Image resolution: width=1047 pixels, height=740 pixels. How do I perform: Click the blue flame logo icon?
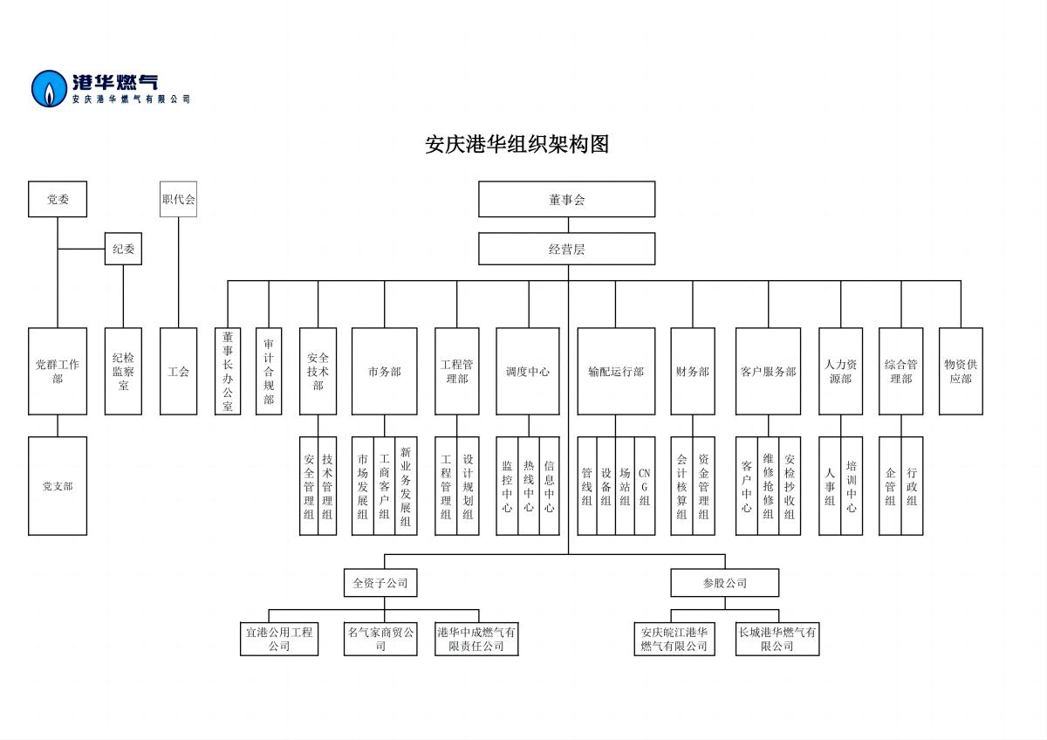50,88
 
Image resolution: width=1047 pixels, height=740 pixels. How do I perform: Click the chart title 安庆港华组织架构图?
517,144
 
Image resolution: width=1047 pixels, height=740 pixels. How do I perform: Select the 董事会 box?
566,199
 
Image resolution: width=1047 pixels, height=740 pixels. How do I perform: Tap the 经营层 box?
566,249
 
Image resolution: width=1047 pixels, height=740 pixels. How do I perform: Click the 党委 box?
58,199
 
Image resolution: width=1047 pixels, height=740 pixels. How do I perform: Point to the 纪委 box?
123,249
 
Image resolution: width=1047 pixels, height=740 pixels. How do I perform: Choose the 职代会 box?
178,199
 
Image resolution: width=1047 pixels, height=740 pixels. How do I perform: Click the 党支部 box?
58,486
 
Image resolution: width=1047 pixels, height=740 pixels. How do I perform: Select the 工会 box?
178,371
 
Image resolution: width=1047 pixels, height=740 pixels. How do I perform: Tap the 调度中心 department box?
527,371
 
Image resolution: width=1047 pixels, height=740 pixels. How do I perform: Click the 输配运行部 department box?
615,371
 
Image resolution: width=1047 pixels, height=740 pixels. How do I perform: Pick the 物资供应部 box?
961,371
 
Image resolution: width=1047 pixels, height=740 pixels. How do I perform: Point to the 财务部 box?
692,371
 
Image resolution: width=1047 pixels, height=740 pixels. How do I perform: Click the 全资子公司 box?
380,582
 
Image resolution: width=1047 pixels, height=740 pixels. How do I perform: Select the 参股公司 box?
724,582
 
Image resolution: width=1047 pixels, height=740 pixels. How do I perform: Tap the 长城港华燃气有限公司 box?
777,639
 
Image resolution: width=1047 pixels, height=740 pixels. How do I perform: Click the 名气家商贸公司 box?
380,639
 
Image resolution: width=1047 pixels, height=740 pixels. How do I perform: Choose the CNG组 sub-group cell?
645,486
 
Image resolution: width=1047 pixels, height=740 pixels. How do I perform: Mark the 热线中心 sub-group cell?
528,486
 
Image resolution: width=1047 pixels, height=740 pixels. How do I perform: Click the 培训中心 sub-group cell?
852,486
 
